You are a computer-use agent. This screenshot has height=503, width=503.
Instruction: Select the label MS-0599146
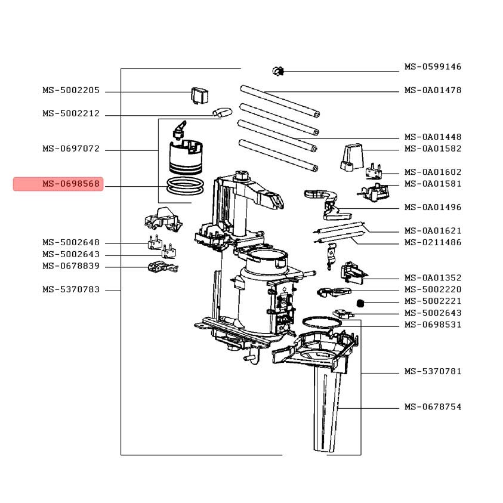pyautogui.click(x=433, y=67)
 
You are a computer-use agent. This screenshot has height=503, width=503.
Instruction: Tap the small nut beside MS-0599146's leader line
pyautogui.click(x=277, y=71)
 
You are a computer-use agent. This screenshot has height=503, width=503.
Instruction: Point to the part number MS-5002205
pyautogui.click(x=71, y=91)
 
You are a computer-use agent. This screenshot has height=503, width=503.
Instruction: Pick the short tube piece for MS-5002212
pyautogui.click(x=221, y=112)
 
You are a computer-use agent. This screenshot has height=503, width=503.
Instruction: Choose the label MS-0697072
pyautogui.click(x=71, y=149)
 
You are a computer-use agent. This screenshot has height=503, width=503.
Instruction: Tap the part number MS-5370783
pyautogui.click(x=71, y=290)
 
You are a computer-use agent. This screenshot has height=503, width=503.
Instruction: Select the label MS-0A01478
pyautogui.click(x=433, y=91)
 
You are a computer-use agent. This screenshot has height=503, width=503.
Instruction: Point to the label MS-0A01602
pyautogui.click(x=433, y=172)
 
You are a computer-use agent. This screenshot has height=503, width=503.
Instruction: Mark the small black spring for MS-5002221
pyautogui.click(x=360, y=304)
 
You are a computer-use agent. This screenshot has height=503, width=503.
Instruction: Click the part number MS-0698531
pyautogui.click(x=433, y=325)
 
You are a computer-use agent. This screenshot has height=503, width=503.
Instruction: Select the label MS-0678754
pyautogui.click(x=433, y=407)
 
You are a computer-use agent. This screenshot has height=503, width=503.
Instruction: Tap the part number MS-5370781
pyautogui.click(x=433, y=371)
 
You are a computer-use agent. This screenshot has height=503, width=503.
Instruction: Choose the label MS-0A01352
pyautogui.click(x=433, y=278)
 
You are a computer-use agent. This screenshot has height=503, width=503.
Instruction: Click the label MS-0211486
pyautogui.click(x=433, y=243)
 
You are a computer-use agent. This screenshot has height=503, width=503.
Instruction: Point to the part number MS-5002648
pyautogui.click(x=71, y=243)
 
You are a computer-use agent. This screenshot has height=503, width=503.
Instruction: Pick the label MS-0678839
pyautogui.click(x=71, y=266)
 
